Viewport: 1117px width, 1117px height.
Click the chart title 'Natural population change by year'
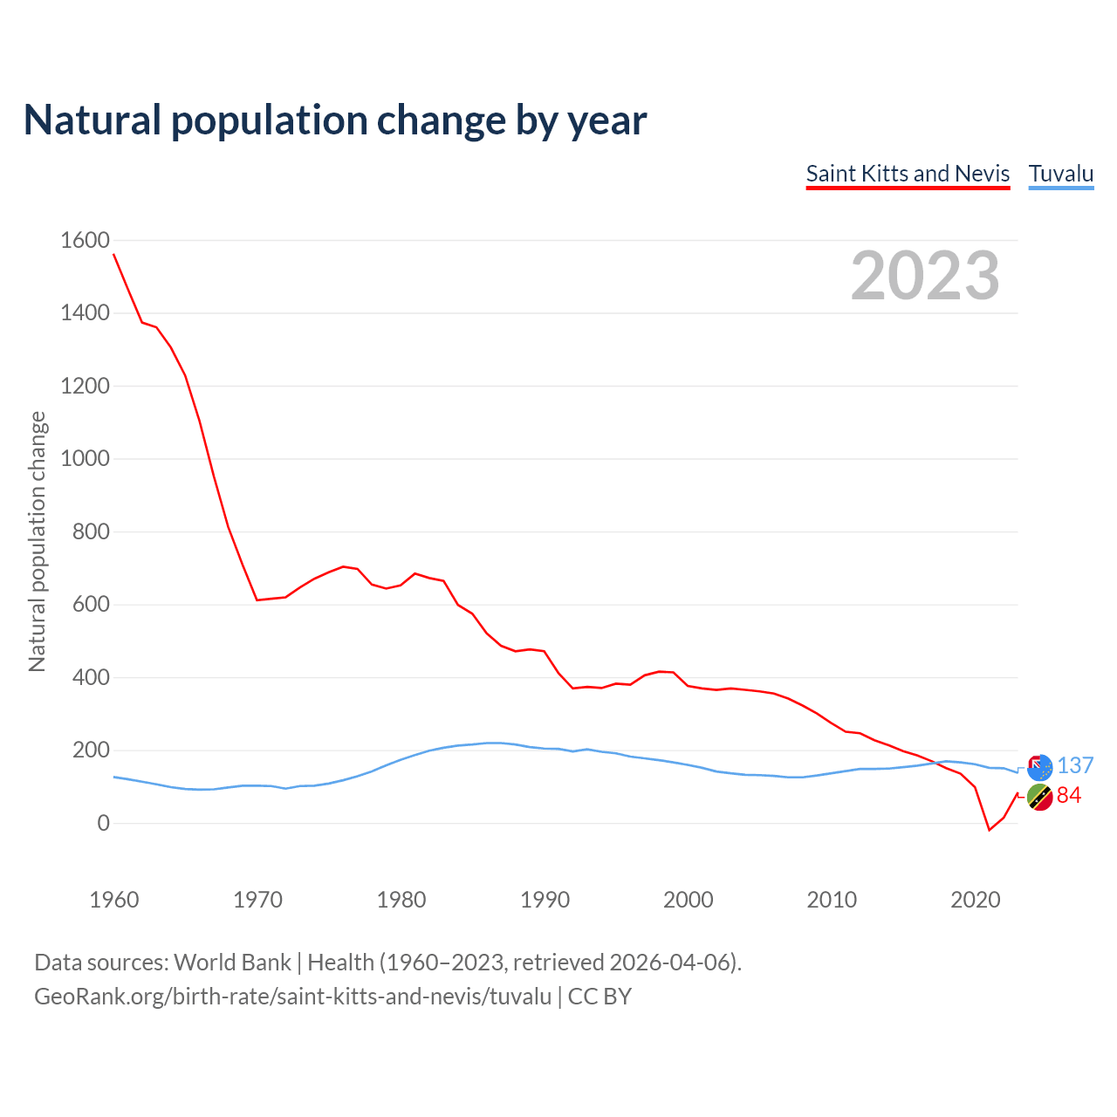(x=334, y=120)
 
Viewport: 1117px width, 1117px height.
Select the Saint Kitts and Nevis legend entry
(x=908, y=174)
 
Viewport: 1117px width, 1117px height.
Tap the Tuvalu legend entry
(x=1061, y=174)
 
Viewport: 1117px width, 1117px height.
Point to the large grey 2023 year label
(x=925, y=276)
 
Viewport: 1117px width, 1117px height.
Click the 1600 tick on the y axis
(x=85, y=240)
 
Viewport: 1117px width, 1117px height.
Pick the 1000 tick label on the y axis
(x=85, y=458)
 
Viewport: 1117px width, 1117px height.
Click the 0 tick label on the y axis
(x=103, y=823)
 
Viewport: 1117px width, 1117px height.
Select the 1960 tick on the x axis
(x=114, y=900)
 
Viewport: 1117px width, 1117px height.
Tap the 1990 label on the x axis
(x=545, y=900)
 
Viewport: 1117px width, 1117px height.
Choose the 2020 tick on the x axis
(x=975, y=900)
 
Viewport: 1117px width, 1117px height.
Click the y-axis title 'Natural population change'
(x=38, y=541)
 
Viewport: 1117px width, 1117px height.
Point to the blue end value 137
(x=1075, y=765)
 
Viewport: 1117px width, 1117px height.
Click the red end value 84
(x=1069, y=795)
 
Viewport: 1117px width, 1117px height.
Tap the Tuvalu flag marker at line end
(x=1039, y=767)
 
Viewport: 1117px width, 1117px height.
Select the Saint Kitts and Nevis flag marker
(x=1039, y=797)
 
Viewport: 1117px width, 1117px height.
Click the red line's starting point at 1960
(x=114, y=255)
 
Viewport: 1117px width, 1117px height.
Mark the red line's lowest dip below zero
(x=989, y=830)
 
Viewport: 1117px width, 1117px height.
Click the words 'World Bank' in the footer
(x=232, y=963)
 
